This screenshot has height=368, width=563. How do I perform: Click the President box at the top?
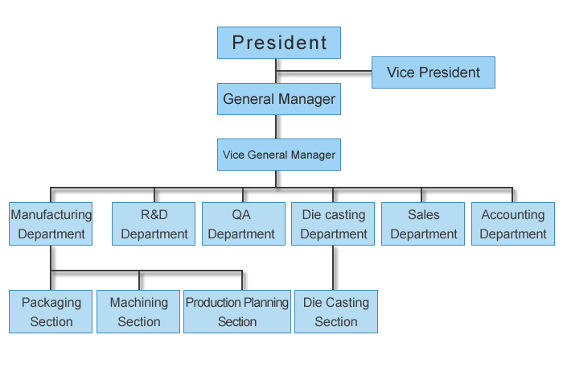279,43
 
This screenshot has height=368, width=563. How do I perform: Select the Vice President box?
433,72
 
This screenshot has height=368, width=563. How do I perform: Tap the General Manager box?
279,100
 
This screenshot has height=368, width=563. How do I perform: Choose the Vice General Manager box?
279,154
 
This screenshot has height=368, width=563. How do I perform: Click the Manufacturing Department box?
51,224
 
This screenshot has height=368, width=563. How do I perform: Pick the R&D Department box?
154,224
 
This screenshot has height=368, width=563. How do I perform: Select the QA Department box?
242,224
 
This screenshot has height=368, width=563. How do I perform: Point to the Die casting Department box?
333,224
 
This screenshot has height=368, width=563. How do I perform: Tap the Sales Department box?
424,224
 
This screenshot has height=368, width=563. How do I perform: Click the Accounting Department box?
513,224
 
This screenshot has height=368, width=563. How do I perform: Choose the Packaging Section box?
51,312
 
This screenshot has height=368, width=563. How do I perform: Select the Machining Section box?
139,312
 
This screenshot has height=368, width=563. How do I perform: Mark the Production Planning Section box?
237,312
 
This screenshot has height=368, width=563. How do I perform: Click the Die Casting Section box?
336,312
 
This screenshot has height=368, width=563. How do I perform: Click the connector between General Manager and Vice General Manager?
277,126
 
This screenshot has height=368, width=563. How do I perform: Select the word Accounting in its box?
513,215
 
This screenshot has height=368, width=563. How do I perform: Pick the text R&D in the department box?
154,215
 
